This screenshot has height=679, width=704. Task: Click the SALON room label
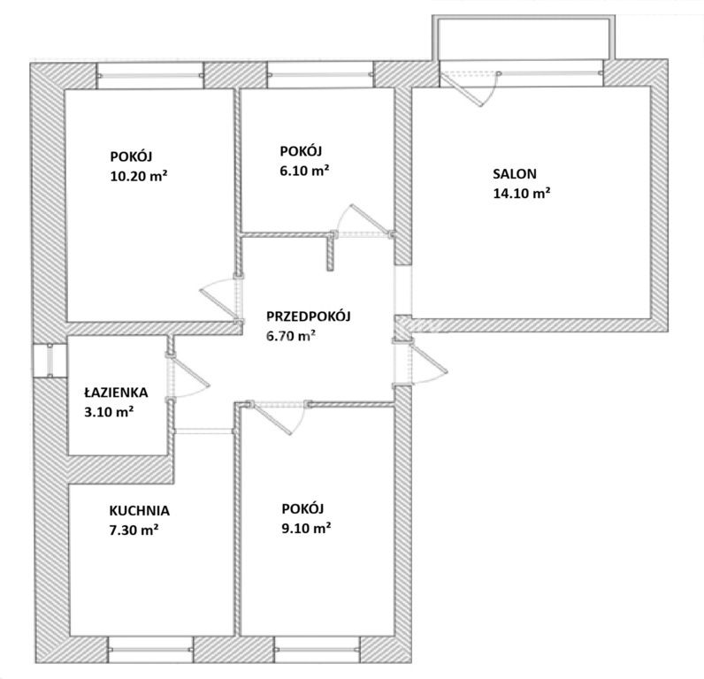click(x=515, y=173)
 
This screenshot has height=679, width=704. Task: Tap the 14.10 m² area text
click(x=522, y=193)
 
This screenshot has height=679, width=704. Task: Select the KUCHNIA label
click(x=139, y=511)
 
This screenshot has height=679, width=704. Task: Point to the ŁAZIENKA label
click(x=116, y=393)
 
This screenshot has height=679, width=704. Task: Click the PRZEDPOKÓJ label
click(x=309, y=316)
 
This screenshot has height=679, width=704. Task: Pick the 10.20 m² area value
click(x=139, y=176)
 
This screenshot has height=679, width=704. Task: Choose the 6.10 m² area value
click(x=305, y=171)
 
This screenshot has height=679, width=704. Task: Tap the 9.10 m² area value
click(x=307, y=528)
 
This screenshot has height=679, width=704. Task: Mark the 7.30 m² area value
click(x=134, y=530)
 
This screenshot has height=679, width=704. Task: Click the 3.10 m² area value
click(x=109, y=411)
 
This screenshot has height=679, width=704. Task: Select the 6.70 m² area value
click(x=290, y=335)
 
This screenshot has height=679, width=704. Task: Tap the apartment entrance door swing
click(x=427, y=362)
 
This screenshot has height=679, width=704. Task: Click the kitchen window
click(x=151, y=649)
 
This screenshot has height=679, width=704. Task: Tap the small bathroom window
click(x=50, y=361)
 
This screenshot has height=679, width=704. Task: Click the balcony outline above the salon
click(x=524, y=18)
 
